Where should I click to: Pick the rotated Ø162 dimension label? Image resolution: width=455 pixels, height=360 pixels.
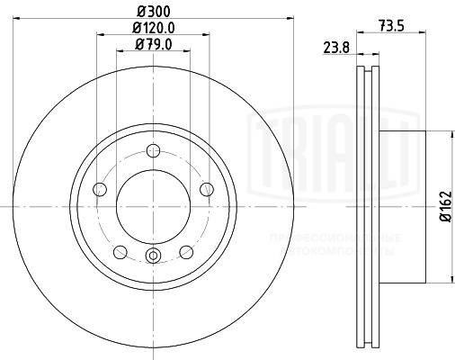443,208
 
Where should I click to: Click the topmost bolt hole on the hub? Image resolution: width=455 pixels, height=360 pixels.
153,150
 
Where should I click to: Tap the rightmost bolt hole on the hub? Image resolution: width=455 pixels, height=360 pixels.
206,189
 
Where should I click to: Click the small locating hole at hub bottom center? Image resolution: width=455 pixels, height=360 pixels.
153,258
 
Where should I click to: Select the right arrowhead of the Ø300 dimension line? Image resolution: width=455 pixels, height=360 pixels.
290,18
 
